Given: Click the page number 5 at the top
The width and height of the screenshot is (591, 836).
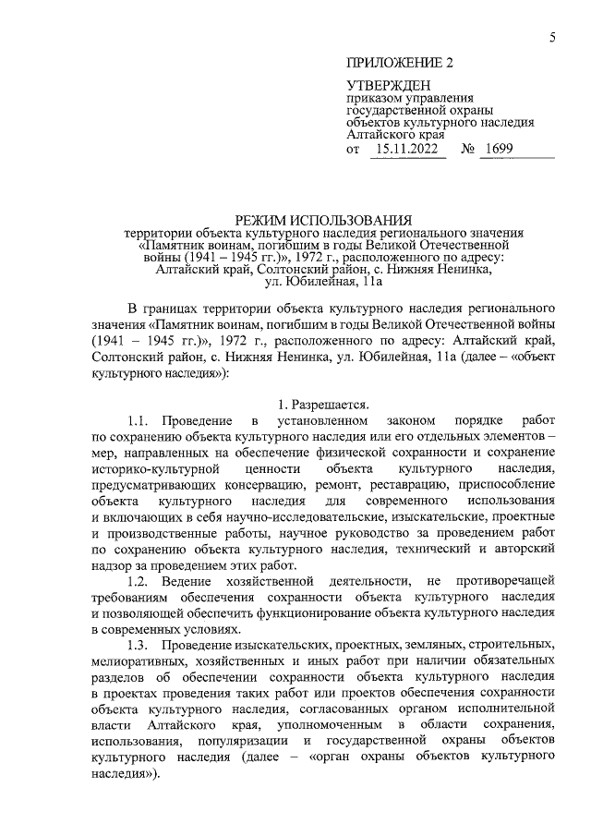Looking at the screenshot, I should [x=551, y=37].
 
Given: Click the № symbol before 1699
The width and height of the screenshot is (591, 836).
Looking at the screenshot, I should [x=468, y=149].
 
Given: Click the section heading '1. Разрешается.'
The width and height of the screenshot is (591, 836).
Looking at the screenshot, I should [x=324, y=404].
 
